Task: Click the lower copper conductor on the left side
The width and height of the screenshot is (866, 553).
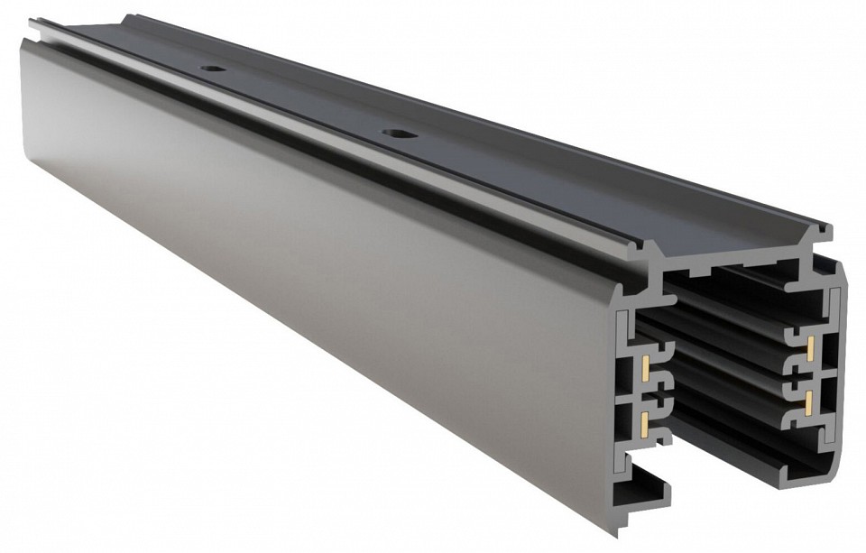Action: tap(646, 420)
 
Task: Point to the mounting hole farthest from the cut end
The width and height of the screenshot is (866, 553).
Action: tap(212, 69)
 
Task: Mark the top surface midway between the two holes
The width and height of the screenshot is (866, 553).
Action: tap(303, 101)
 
